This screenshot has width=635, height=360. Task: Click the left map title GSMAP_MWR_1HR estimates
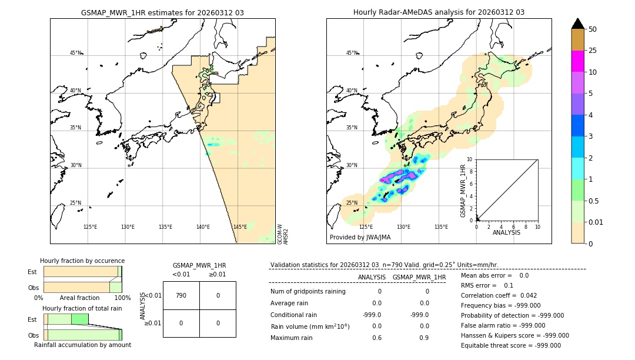coord(162,12)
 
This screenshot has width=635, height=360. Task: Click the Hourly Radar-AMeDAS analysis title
coord(439,12)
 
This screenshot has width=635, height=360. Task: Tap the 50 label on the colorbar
coord(593,29)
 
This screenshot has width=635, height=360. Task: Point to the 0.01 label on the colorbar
coord(596,222)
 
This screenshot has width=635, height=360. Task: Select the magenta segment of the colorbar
coord(577,61)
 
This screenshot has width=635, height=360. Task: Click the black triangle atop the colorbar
coord(577,24)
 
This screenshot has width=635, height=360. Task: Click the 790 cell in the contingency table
coord(181,295)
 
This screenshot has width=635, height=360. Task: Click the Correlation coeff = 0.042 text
coord(499,295)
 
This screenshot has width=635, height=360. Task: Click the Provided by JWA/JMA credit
coord(360,237)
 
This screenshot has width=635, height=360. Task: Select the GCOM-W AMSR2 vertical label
coord(283,233)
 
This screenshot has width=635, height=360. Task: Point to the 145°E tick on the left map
coord(240,227)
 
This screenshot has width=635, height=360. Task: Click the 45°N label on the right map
coord(352,53)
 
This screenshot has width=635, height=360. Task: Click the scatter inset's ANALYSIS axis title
coord(507,232)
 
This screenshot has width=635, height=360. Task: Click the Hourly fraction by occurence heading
coord(82,261)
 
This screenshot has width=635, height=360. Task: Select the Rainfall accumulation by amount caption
coord(82,345)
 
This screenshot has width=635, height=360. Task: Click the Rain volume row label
coord(310,326)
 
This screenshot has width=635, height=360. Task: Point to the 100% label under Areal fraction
coord(122,298)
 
